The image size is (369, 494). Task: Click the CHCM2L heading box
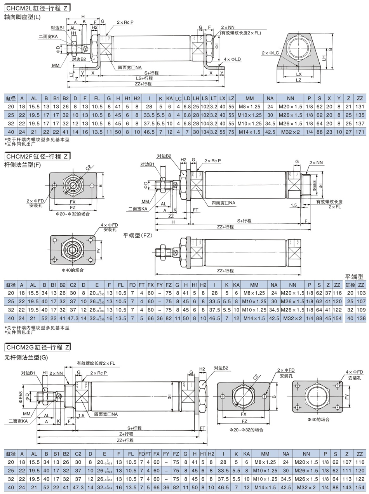[x=37, y=8]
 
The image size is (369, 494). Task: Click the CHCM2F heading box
[x=37, y=156]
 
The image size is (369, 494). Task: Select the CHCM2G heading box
[x=37, y=347]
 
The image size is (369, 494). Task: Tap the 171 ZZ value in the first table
[x=360, y=132]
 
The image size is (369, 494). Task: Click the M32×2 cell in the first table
[x=290, y=132]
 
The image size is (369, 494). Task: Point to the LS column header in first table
[x=205, y=98]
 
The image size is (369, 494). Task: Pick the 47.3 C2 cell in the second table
[x=73, y=318]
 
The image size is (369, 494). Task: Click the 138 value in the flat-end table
[x=361, y=318]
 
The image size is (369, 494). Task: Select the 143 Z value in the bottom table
[x=347, y=487]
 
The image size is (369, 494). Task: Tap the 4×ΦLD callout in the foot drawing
[x=232, y=59]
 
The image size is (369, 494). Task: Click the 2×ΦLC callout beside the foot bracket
[x=270, y=53]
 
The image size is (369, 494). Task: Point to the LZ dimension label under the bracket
[x=299, y=80]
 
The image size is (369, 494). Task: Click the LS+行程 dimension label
[x=144, y=78]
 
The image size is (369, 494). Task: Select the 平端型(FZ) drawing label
[x=138, y=235]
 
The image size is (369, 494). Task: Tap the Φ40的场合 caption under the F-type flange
[x=73, y=270]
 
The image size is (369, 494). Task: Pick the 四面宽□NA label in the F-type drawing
[x=223, y=203]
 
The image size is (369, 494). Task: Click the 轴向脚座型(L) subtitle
[x=22, y=17]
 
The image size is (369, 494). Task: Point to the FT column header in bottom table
[x=148, y=454]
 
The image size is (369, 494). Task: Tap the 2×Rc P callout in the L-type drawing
[x=125, y=22]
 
